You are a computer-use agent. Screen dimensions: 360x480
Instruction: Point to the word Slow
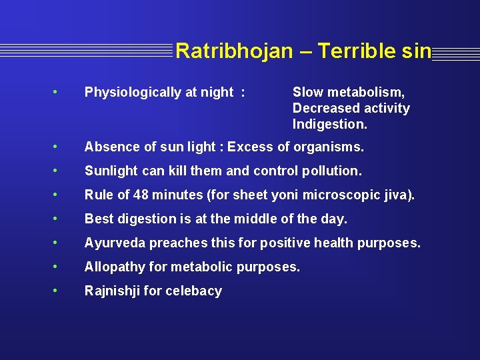pyautogui.click(x=307, y=93)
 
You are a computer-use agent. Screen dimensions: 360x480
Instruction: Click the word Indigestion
pyautogui.click(x=329, y=124)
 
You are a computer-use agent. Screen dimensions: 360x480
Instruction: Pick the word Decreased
pyautogui.click(x=323, y=108)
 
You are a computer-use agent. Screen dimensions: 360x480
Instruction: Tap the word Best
pyautogui.click(x=97, y=219)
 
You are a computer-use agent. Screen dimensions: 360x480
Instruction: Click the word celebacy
pyautogui.click(x=193, y=291)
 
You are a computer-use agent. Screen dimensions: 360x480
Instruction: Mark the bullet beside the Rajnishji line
pyautogui.click(x=61, y=290)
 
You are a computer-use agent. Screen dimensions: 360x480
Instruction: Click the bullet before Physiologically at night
pyautogui.click(x=61, y=92)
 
